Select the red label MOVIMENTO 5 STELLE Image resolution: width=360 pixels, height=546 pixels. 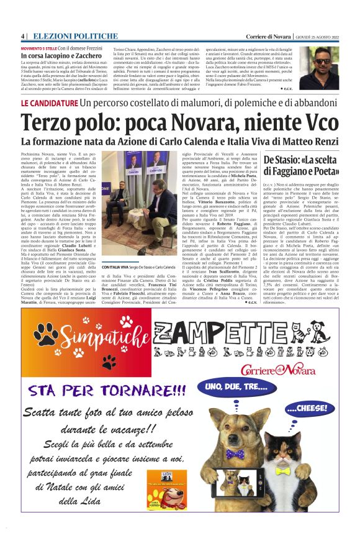click(38, 48)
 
